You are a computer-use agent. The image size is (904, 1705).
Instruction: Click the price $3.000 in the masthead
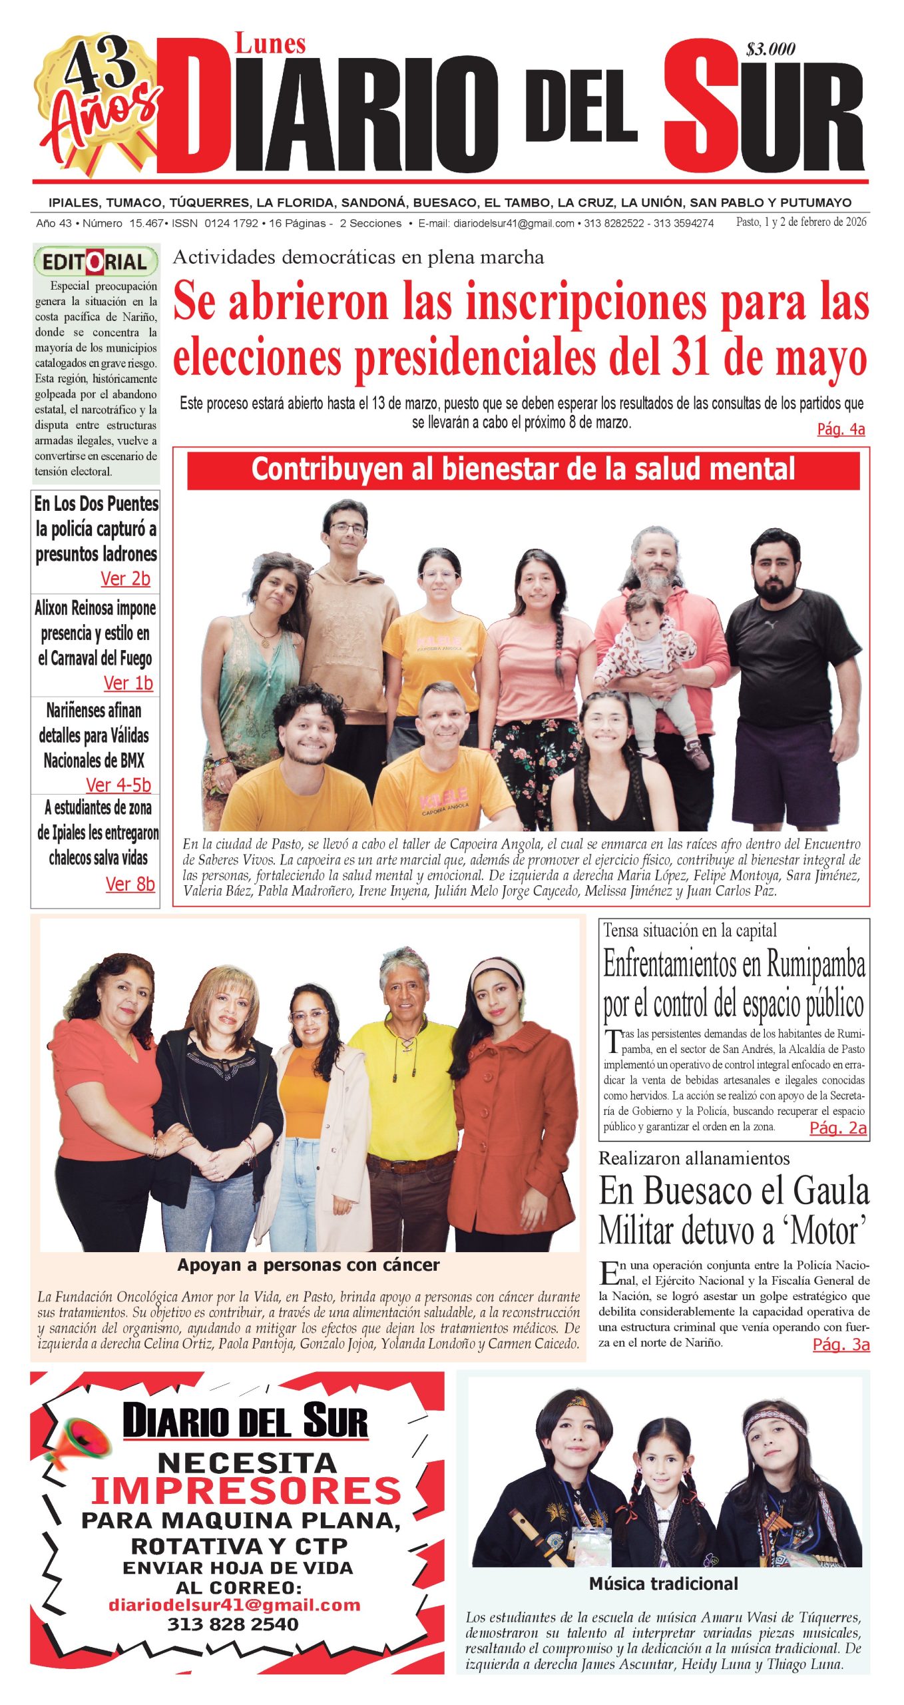[x=771, y=49]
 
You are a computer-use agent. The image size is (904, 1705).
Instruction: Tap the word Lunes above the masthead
[x=270, y=45]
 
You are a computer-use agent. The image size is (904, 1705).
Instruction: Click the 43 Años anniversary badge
[x=99, y=100]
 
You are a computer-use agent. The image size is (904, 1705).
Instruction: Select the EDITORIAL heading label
[x=95, y=262]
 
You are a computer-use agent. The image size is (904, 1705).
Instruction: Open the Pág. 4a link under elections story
[x=841, y=430]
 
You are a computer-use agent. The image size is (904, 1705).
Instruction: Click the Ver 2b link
[x=125, y=579]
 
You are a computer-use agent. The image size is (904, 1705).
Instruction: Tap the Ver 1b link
[x=128, y=683]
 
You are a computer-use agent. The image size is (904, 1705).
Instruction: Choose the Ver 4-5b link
[x=118, y=785]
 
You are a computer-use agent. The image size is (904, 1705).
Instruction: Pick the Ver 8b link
[x=130, y=884]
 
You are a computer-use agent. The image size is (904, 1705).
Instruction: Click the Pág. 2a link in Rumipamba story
[x=837, y=1128]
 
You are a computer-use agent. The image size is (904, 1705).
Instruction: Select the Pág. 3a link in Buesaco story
[x=841, y=1344]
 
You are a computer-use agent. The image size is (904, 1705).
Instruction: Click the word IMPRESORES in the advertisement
[x=246, y=1491]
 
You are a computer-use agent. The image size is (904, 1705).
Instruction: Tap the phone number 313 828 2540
[x=233, y=1624]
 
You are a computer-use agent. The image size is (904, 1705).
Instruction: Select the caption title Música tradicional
[x=663, y=1583]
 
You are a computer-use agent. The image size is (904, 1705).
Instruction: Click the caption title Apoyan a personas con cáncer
[x=308, y=1265]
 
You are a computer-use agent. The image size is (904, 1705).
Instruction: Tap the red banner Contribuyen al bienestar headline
[x=523, y=470]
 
